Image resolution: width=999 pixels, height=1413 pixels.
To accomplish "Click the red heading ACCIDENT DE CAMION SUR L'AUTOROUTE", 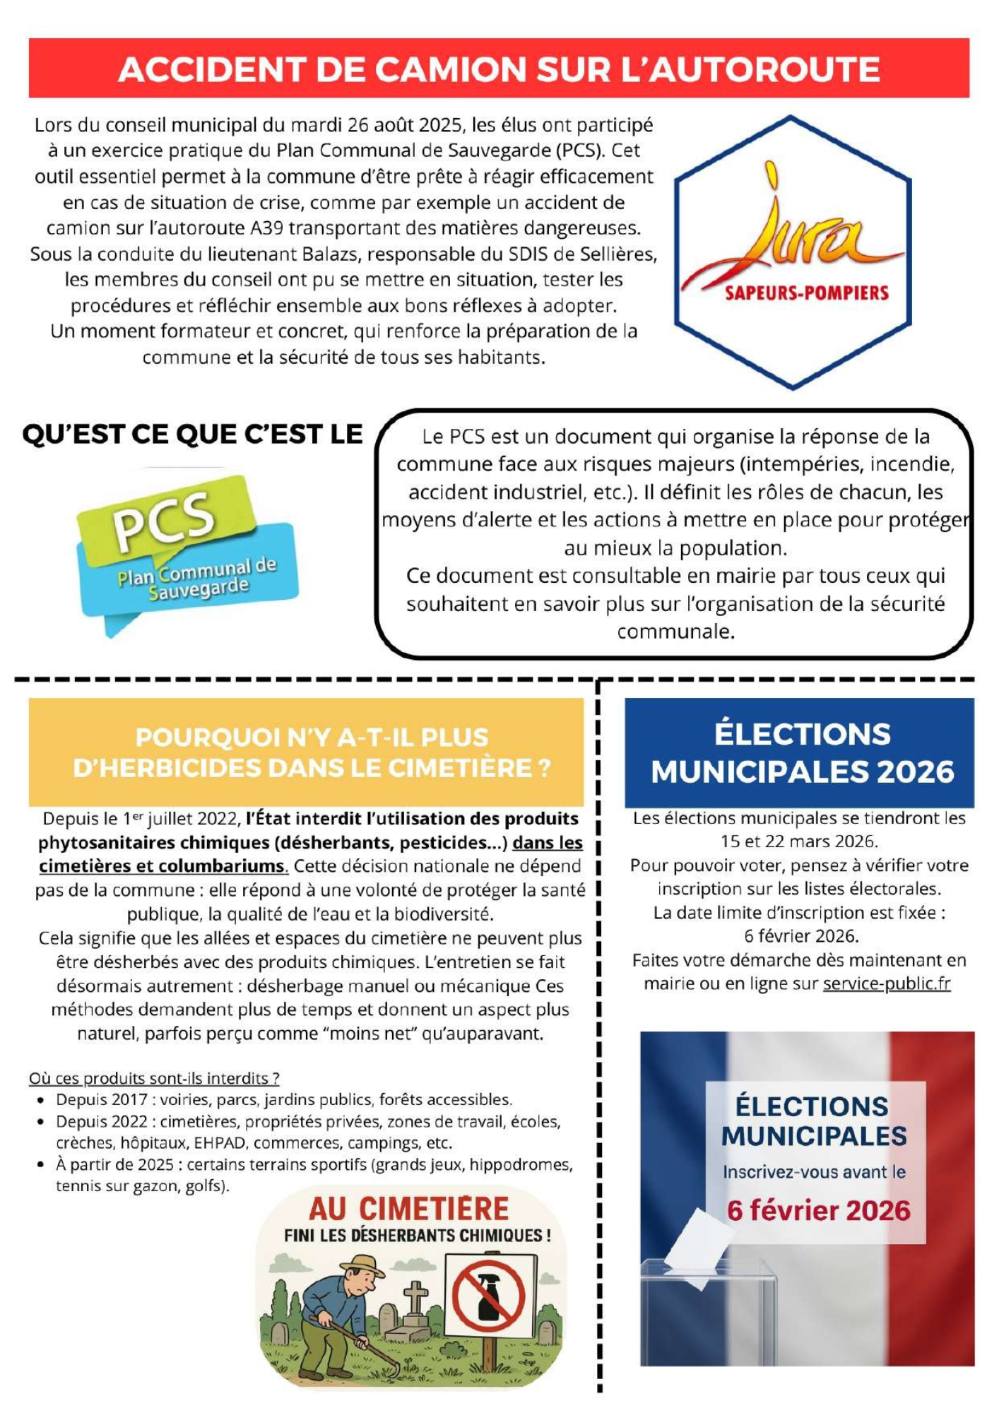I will coord(499,69).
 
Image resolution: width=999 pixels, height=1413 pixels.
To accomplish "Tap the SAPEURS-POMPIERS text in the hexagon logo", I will coord(806,292).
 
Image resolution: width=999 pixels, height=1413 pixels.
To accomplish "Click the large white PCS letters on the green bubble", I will coord(164,519).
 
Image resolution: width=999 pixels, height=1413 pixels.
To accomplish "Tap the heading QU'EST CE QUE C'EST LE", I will coord(192,434).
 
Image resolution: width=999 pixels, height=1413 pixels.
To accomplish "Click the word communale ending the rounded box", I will coord(675,632).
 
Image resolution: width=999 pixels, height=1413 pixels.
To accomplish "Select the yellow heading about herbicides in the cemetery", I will coord(312,752).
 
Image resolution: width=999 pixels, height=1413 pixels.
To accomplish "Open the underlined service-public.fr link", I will coord(886,983).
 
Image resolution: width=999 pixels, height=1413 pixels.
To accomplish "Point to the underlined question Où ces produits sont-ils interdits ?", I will coord(154,1078).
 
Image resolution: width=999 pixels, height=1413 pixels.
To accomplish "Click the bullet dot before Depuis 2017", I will coord(42,1100).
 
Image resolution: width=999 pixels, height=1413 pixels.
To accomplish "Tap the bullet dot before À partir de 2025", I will coord(42,1165).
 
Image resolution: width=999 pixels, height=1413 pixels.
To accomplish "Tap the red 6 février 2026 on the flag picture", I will coord(818,1211).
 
